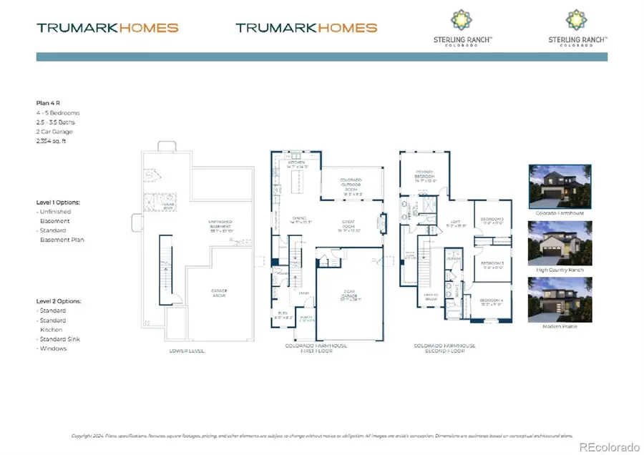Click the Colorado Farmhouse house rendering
coord(560,185)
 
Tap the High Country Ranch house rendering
coord(560,243)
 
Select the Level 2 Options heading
coord(58,301)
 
